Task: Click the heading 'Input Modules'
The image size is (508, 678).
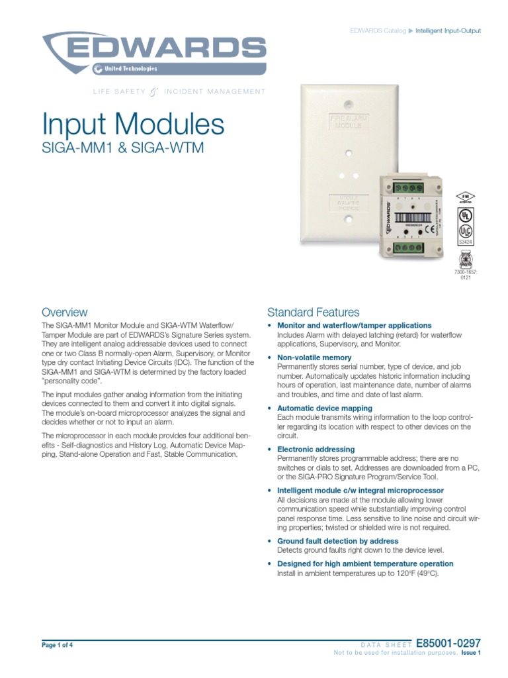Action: (133, 124)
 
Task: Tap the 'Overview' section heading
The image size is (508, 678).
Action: (64, 312)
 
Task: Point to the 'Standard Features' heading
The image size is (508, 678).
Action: (313, 312)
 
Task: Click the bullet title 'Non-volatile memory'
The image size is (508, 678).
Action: (314, 358)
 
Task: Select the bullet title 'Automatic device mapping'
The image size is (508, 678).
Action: (324, 409)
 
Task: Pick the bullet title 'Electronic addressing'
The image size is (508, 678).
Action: (316, 450)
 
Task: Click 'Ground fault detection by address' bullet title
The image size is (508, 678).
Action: (337, 541)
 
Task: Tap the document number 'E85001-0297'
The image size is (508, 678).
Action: (450, 643)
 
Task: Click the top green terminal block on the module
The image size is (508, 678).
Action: (408, 188)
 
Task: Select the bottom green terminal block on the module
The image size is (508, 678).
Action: (407, 248)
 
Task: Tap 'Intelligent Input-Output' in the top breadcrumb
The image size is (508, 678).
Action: (448, 31)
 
